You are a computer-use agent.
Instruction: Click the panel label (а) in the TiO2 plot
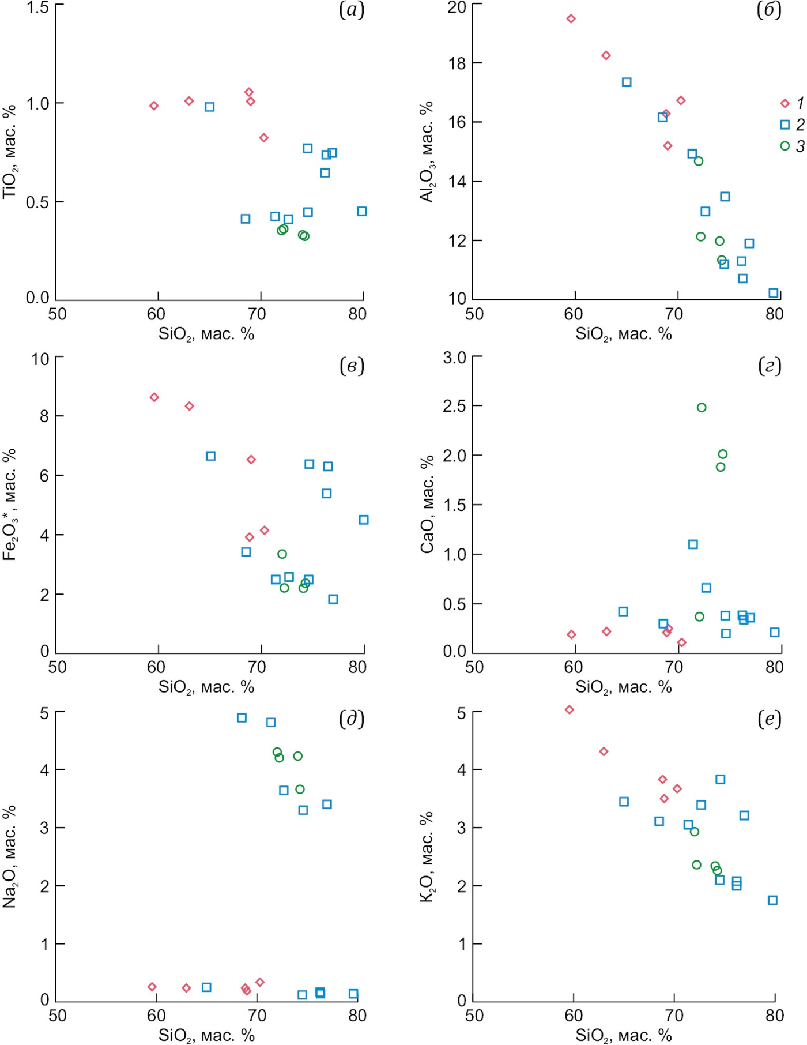tap(352, 10)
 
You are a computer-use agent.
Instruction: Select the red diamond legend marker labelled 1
tap(785, 103)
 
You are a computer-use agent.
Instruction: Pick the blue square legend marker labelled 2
tap(785, 125)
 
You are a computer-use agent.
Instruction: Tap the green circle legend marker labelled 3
tap(785, 146)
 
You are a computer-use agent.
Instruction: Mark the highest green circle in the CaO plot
tap(702, 408)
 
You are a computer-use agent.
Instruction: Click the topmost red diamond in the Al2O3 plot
tap(571, 19)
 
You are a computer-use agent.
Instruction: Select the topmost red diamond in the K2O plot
tap(570, 710)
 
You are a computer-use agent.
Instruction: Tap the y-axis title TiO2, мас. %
tap(10, 152)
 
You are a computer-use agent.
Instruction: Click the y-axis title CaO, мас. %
tap(427, 505)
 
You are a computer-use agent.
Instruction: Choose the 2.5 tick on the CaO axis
tap(455, 406)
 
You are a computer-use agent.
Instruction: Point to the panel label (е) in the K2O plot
tap(770, 719)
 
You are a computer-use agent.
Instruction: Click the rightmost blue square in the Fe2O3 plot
tap(364, 520)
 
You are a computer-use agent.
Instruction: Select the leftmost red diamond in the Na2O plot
tap(152, 987)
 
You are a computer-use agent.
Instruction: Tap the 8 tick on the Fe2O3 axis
tap(44, 416)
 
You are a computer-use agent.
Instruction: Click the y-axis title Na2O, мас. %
tap(10, 856)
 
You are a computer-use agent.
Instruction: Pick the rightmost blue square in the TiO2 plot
tap(361, 211)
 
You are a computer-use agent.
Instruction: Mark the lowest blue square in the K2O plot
tap(772, 900)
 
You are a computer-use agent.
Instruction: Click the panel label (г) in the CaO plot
tap(770, 366)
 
